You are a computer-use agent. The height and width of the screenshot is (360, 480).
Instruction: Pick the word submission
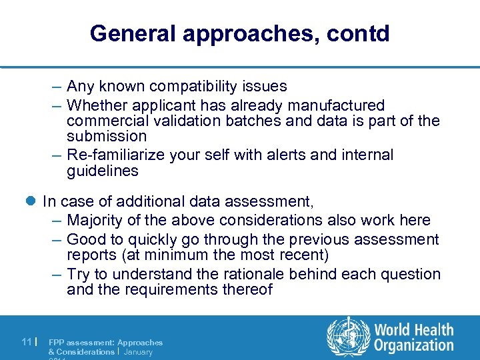pyautogui.click(x=107, y=137)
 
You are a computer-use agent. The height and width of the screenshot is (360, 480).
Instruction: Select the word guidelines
pyautogui.click(x=103, y=171)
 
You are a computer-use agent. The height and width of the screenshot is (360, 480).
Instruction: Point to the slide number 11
pyautogui.click(x=27, y=342)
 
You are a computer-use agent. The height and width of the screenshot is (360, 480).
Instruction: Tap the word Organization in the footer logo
pyautogui.click(x=413, y=345)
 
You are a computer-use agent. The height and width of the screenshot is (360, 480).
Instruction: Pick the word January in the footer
pyautogui.click(x=138, y=351)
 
